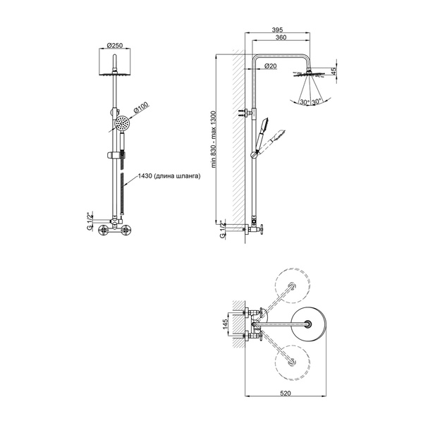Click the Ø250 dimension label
click(115, 45)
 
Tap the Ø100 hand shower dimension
click(141, 108)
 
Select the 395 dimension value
click(277, 30)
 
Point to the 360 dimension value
click(281, 37)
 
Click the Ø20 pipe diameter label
click(271, 66)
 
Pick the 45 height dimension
click(333, 71)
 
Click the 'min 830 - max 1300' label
click(214, 140)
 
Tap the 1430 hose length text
click(169, 176)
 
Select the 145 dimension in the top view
click(226, 324)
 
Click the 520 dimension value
click(286, 393)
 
